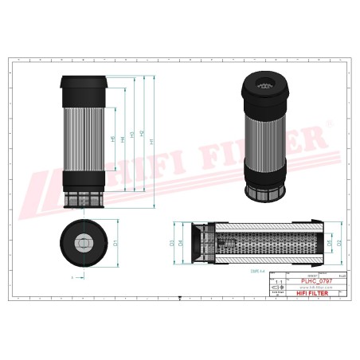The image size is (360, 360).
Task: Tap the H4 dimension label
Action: tap(123, 140)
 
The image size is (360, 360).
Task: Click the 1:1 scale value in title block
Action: tap(278, 283)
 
